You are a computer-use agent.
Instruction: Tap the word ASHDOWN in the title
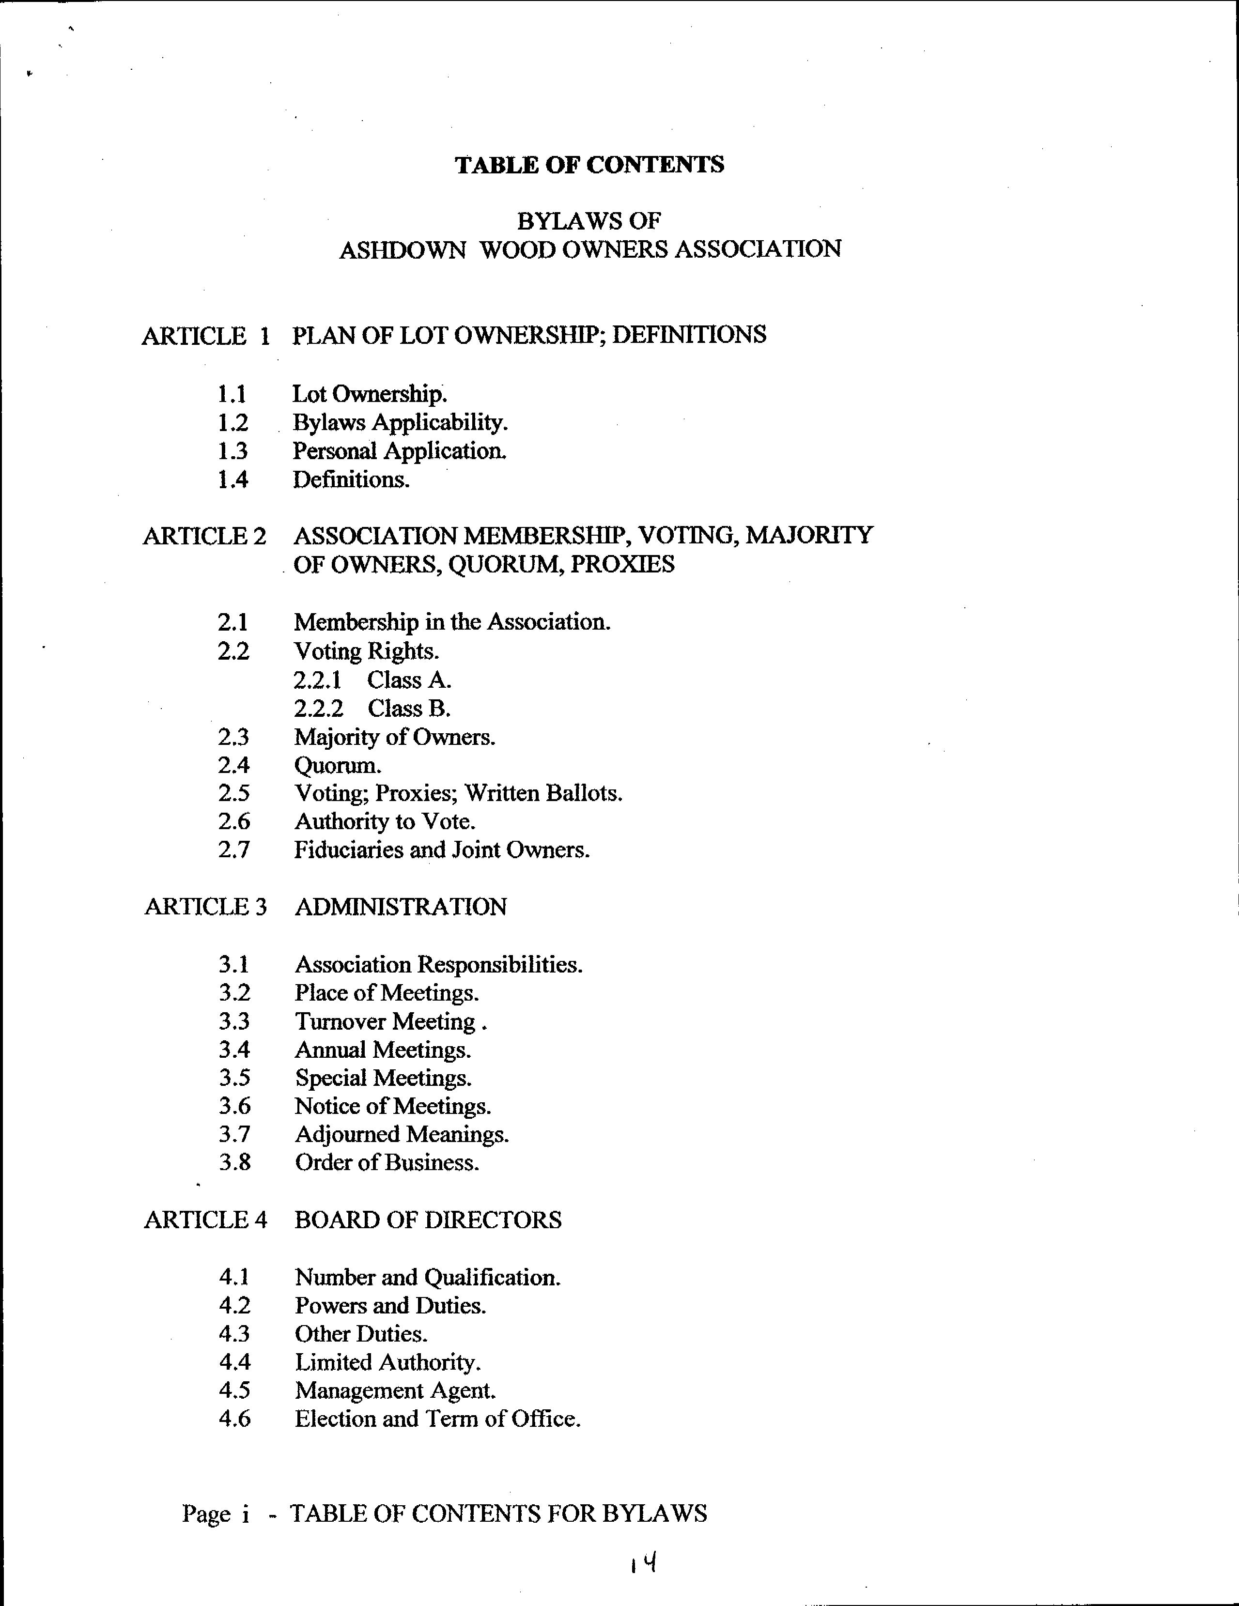pos(402,250)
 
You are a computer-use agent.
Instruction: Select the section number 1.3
pos(232,451)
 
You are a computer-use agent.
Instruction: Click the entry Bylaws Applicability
pos(400,423)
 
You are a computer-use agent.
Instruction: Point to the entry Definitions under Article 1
pos(351,480)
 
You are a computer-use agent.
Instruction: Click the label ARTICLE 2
pos(204,536)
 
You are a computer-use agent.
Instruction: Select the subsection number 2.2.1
pos(318,680)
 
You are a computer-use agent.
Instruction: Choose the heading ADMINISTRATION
pos(401,907)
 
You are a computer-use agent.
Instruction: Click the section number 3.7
pos(234,1135)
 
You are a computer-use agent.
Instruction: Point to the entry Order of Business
pos(387,1162)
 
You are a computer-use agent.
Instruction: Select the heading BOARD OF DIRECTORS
pos(428,1220)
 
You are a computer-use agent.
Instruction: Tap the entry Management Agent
pos(395,1390)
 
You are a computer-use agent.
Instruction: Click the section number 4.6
pos(234,1419)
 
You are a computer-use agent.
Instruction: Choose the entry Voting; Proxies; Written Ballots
pos(458,793)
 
